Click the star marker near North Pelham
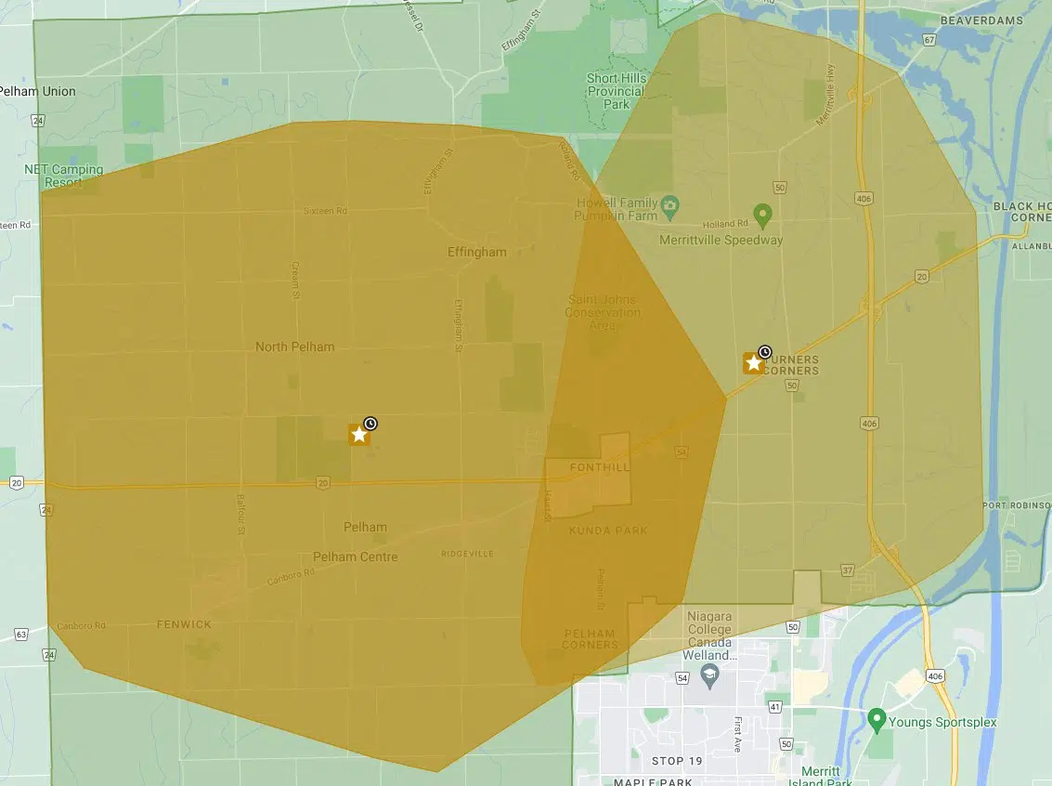tap(358, 434)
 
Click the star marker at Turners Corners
tap(753, 362)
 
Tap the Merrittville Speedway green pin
tap(762, 216)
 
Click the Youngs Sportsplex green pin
tap(876, 718)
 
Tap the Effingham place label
tap(477, 252)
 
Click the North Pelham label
tap(294, 347)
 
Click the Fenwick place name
tap(184, 624)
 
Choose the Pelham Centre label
tap(355, 557)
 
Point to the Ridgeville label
tap(467, 554)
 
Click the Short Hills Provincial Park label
tap(616, 91)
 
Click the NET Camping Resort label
tap(64, 176)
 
